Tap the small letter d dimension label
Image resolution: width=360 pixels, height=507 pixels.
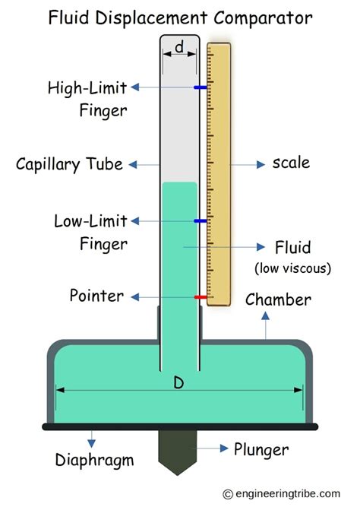179,48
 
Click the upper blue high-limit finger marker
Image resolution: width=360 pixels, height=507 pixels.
201,87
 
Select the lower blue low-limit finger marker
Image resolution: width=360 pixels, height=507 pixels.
201,221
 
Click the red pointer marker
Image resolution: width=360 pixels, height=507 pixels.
201,296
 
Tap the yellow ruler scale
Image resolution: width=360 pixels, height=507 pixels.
219,175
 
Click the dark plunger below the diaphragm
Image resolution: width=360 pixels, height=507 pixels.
179,451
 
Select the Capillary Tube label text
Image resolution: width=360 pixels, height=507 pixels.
69,164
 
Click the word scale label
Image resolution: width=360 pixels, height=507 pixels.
291,163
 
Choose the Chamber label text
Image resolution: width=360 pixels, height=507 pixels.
278,299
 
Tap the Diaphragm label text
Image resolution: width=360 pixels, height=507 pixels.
94,460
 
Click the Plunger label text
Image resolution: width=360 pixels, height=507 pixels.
261,450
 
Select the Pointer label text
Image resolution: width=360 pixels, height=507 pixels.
96,295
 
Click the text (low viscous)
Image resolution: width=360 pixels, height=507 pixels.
293,268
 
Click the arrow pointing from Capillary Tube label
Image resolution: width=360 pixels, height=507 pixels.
144,164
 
